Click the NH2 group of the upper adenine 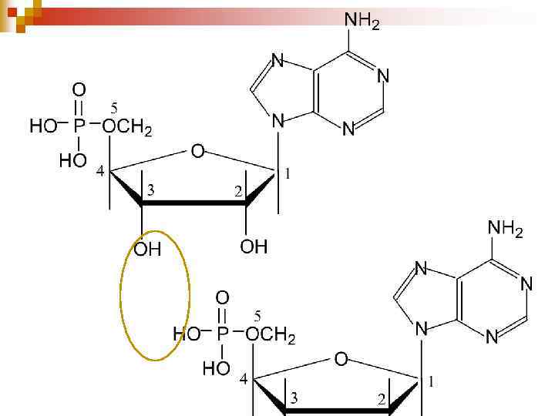[x=362, y=22]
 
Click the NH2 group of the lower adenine [x=506, y=229]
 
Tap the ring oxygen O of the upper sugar [x=197, y=152]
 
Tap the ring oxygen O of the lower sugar [x=341, y=359]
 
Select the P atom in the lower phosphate [x=222, y=334]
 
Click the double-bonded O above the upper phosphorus [x=79, y=91]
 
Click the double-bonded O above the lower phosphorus [x=222, y=297]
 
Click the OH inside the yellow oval [x=147, y=250]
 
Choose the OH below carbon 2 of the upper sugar [x=254, y=247]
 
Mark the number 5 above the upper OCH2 [x=114, y=106]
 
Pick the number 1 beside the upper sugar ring [x=288, y=173]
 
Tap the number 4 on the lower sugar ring [x=243, y=380]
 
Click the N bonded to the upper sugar [x=277, y=121]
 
